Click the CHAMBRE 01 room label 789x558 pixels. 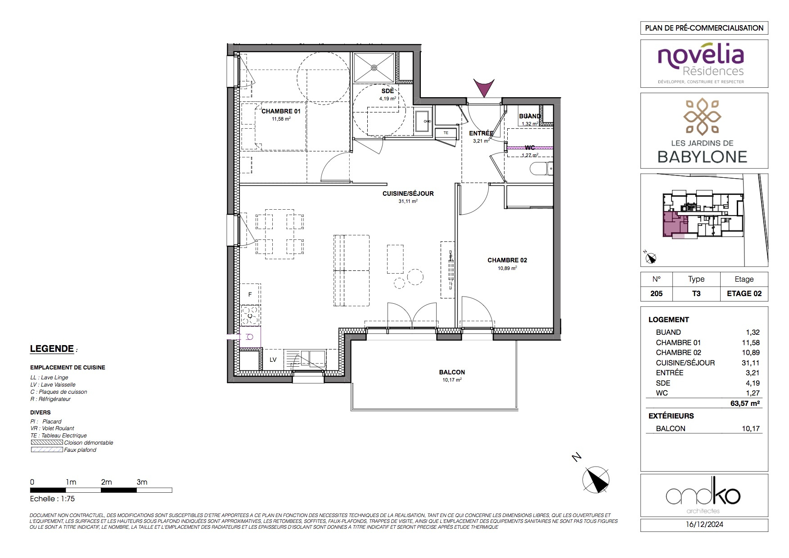[x=281, y=111]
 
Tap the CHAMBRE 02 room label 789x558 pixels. [x=507, y=260]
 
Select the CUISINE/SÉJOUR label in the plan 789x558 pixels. [x=408, y=193]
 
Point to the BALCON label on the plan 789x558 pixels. [x=452, y=372]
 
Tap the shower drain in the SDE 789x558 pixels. [x=374, y=67]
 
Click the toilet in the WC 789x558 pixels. [x=542, y=169]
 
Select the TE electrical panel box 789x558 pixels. [x=446, y=133]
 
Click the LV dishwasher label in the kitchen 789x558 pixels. [x=273, y=360]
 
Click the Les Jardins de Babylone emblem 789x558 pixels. [x=703, y=117]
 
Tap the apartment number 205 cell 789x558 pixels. [x=657, y=293]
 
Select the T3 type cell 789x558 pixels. [x=696, y=293]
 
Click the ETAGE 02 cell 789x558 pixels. [x=744, y=293]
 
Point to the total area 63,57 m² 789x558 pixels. [x=745, y=403]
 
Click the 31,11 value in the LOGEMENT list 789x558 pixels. [x=750, y=363]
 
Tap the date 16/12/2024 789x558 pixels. [x=704, y=524]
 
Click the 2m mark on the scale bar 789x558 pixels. [x=106, y=482]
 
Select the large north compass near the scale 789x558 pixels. [x=596, y=480]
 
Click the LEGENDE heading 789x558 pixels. [x=52, y=349]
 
